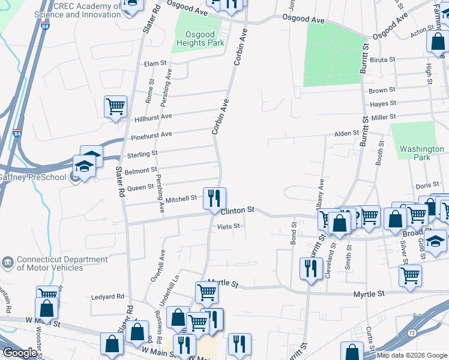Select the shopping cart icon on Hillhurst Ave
115,107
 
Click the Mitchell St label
181,199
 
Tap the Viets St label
228,226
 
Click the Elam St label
155,62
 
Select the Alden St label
346,133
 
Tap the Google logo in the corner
19,353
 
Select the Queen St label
142,187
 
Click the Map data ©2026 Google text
412,355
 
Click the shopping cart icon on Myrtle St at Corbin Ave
206,292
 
